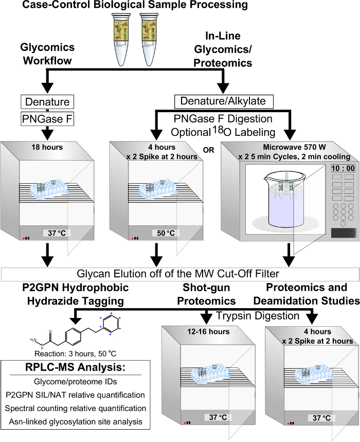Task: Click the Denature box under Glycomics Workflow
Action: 47,102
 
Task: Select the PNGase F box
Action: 47,119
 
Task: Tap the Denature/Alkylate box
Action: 224,101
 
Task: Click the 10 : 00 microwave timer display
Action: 343,168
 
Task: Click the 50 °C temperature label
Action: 166,233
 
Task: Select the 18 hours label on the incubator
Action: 47,147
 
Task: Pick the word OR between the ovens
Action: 208,150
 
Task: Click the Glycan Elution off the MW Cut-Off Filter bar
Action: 181,274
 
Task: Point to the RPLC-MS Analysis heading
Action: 75,367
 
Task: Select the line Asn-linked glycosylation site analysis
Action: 76,422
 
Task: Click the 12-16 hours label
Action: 208,331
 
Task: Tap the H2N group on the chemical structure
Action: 33,340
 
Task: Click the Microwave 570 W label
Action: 294,147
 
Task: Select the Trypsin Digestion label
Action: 258,316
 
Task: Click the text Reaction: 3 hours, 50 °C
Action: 75,353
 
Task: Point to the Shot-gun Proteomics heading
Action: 206,294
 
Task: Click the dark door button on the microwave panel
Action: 343,233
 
